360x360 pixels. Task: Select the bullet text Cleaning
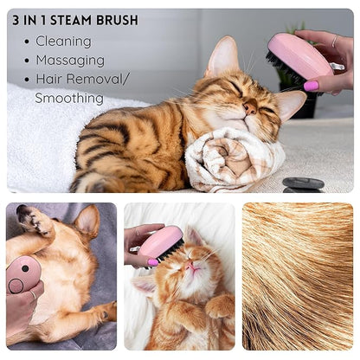click(x=63, y=42)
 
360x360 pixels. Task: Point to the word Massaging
click(x=70, y=61)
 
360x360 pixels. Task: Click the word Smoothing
click(x=69, y=98)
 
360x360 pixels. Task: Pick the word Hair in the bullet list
click(x=48, y=79)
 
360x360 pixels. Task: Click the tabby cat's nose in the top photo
click(x=250, y=108)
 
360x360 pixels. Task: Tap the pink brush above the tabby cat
click(x=300, y=58)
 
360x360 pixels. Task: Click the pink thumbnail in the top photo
click(x=311, y=86)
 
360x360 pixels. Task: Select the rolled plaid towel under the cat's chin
click(x=235, y=159)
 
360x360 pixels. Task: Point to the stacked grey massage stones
click(x=303, y=185)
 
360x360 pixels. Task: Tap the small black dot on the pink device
click(x=25, y=268)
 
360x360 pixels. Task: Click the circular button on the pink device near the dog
click(x=16, y=286)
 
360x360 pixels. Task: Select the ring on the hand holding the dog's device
click(x=34, y=295)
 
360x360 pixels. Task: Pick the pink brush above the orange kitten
click(x=161, y=243)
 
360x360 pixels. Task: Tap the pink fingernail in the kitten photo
click(x=153, y=262)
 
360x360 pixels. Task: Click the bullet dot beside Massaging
click(x=27, y=61)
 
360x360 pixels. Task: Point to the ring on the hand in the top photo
click(x=335, y=41)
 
